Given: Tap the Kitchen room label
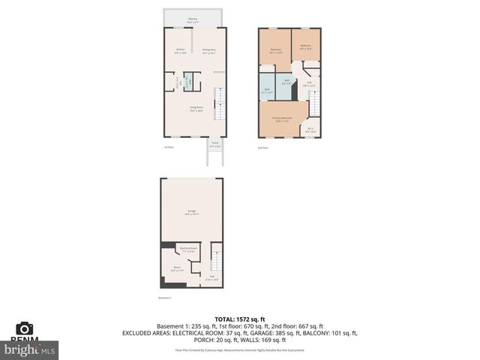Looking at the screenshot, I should (180, 51).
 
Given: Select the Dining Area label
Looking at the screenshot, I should (208, 51).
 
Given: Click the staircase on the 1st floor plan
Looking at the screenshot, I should (219, 103).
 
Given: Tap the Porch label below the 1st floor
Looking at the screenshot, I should (214, 145).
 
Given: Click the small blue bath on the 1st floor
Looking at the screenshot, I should (187, 81).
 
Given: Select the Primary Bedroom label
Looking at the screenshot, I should (282, 120).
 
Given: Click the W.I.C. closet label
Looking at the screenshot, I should (311, 129).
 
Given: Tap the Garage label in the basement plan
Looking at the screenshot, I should (192, 212).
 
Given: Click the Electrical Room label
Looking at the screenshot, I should (188, 250).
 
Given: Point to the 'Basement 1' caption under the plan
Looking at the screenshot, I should (166, 298).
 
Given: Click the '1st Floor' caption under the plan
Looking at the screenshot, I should (169, 148).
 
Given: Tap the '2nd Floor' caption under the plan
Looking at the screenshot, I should (263, 148).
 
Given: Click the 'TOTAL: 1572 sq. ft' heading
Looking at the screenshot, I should (239, 318).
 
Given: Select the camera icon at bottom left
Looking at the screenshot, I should (25, 328).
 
